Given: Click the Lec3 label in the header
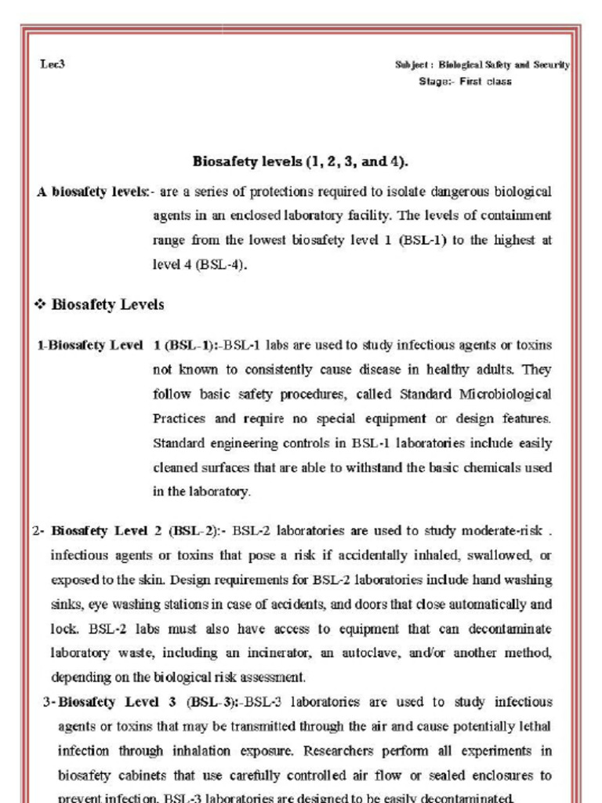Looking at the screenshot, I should (x=53, y=64).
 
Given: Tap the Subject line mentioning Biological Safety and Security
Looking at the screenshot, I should (x=482, y=65).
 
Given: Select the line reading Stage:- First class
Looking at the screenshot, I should (x=465, y=82).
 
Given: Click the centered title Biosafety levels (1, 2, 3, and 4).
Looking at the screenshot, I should (x=300, y=162).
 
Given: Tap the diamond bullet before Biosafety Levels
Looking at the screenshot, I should (x=41, y=305).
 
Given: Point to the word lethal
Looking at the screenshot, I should (x=536, y=726).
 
